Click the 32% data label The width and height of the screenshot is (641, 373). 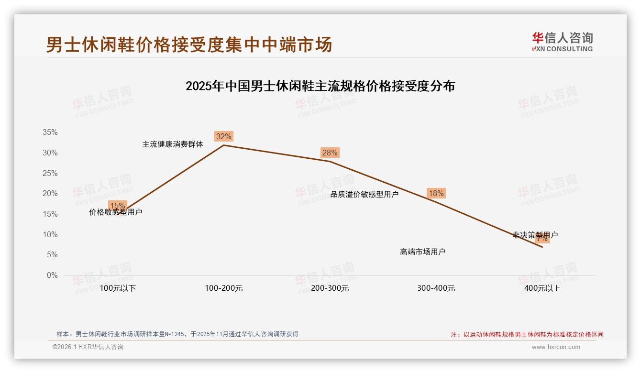point(223,136)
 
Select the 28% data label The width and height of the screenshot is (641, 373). point(330,153)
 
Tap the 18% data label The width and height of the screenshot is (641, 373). point(436,194)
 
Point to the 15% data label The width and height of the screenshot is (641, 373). point(117,206)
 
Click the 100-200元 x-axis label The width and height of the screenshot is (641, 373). point(224,288)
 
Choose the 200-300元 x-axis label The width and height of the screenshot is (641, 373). point(330,288)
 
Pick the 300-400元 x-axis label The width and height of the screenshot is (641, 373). point(436,288)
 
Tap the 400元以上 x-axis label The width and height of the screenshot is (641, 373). point(542,288)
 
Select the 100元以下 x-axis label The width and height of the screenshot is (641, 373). point(118,288)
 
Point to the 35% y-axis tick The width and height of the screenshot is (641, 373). point(50,132)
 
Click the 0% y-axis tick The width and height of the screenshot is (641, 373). point(52,275)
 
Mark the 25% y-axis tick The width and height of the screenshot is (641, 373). point(50,173)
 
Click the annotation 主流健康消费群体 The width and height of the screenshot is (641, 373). point(173,144)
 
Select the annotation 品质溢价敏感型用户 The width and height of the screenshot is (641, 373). point(365,194)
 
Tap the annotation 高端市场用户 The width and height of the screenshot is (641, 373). point(423,252)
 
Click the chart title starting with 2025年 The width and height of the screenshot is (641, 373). point(320,87)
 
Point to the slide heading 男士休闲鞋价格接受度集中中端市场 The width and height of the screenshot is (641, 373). point(189,45)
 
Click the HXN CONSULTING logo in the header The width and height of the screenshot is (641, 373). point(562,42)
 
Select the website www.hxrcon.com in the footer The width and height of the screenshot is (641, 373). point(556,347)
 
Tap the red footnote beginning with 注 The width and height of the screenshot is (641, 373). point(527,335)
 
